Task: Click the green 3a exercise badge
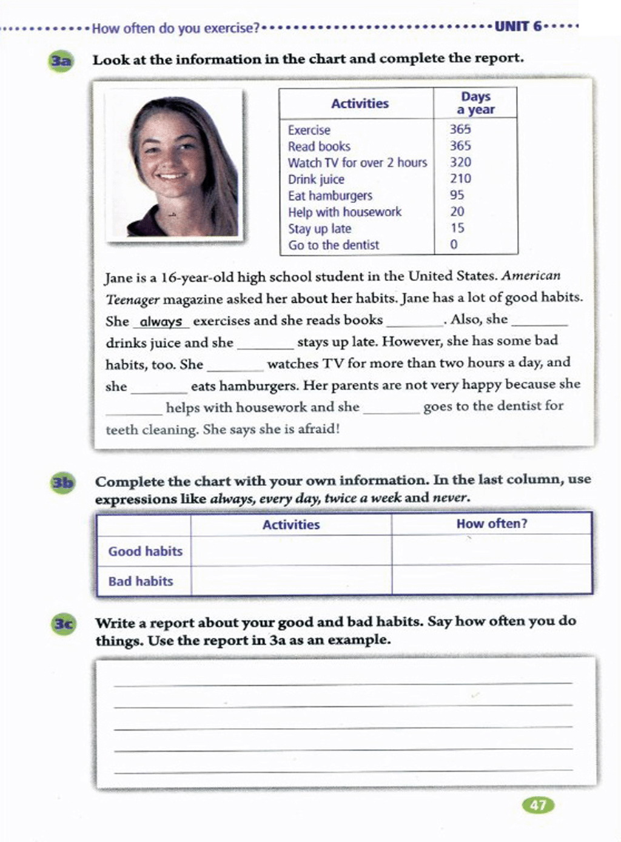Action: [61, 61]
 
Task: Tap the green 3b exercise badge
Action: [62, 483]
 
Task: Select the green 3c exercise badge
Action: [64, 624]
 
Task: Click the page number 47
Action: [538, 805]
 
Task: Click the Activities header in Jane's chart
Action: [360, 104]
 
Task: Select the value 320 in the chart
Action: [460, 162]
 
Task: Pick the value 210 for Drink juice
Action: [460, 179]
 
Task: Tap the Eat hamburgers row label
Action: [330, 196]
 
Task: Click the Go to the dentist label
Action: [334, 245]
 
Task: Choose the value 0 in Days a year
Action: [454, 245]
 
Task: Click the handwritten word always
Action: [161, 322]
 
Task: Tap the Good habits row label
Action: [145, 551]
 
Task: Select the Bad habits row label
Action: [141, 582]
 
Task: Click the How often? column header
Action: [492, 524]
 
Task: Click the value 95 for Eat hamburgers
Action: [457, 195]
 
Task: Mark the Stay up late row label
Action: [320, 229]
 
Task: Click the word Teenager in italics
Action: [133, 299]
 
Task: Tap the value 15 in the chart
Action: [457, 228]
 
